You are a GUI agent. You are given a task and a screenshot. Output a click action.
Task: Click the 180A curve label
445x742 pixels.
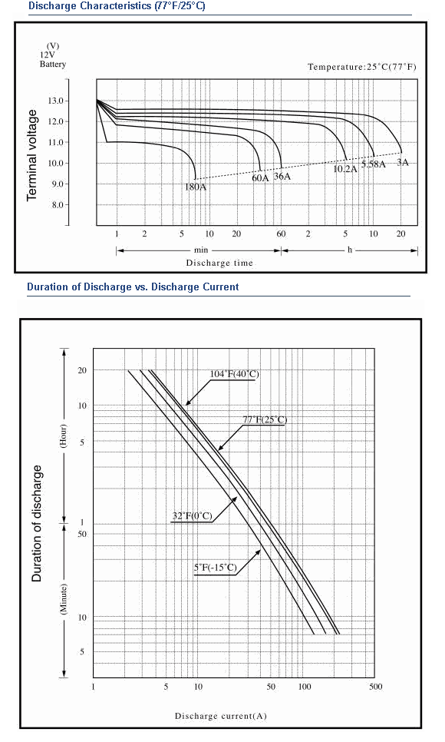(196, 187)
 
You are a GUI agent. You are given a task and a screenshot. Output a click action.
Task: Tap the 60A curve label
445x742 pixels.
(260, 178)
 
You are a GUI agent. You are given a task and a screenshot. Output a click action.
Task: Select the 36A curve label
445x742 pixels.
(282, 177)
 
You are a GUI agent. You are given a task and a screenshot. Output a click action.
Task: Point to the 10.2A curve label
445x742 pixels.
(345, 168)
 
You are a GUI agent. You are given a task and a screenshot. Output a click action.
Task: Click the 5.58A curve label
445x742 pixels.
(374, 164)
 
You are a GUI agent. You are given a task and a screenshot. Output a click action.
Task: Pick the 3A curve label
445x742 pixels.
(403, 163)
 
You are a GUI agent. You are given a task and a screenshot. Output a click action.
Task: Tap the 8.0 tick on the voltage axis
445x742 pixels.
(58, 205)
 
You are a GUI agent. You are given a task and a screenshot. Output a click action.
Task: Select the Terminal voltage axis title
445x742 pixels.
(31, 155)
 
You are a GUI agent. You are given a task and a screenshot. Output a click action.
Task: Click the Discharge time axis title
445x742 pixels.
(219, 263)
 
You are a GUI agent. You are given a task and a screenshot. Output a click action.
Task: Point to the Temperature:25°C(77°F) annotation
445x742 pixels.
(362, 67)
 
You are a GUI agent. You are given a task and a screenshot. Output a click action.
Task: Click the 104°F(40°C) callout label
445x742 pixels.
(235, 374)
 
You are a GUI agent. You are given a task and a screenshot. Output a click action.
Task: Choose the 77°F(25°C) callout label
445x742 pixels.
(265, 419)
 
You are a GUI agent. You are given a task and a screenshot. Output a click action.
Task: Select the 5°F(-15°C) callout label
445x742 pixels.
(215, 567)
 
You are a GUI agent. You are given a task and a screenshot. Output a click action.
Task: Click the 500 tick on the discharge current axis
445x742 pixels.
(375, 687)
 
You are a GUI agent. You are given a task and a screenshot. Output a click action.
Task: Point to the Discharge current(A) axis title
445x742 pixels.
(221, 716)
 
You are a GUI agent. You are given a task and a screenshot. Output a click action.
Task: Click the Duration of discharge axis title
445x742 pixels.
(36, 523)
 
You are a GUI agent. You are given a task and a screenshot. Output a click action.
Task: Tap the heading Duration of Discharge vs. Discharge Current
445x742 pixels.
(133, 287)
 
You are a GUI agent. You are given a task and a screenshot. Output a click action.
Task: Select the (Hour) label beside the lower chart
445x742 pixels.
(64, 436)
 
